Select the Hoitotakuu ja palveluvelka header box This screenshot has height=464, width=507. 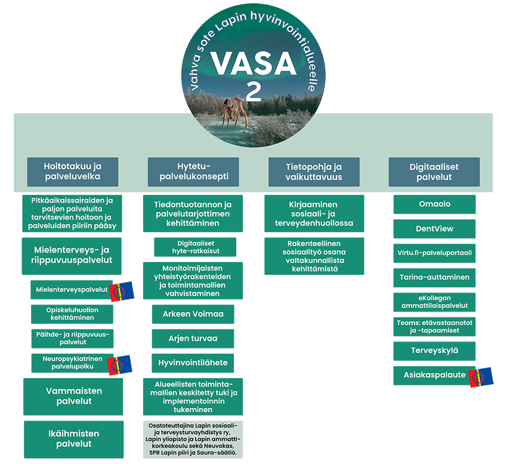coord(72,172)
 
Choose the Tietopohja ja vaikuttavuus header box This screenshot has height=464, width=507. coord(314,172)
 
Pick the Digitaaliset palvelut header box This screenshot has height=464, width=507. coord(434,172)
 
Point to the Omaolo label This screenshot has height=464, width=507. coord(435,204)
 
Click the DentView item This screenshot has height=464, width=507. coord(435,229)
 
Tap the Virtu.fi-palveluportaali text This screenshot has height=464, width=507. coord(435,253)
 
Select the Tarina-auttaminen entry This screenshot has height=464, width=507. coord(435,277)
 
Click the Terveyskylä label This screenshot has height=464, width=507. coord(435,350)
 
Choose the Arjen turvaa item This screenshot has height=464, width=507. coord(193,338)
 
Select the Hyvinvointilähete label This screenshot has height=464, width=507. coord(193,363)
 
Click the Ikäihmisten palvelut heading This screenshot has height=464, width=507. coord(74,438)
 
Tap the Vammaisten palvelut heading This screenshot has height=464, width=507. coord(74,396)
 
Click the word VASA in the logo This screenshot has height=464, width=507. coord(253,63)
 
